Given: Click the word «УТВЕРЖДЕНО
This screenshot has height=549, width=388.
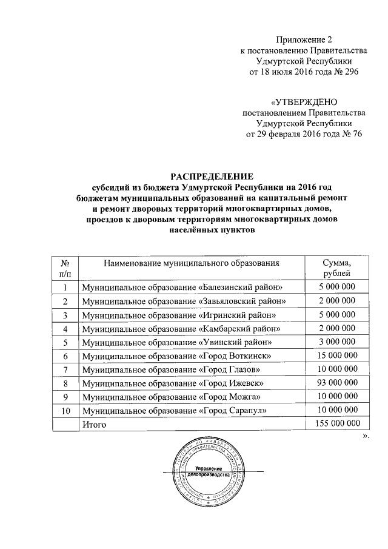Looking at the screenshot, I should (x=304, y=101).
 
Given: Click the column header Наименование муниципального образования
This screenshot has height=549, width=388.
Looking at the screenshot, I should (x=192, y=263).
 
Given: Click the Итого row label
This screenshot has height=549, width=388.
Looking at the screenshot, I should (x=94, y=425).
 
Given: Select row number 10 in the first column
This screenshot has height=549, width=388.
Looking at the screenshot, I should (x=65, y=411).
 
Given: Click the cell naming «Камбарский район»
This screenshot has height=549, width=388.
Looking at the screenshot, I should (x=181, y=328).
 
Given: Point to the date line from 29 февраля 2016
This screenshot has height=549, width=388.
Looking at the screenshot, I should (x=303, y=135).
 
